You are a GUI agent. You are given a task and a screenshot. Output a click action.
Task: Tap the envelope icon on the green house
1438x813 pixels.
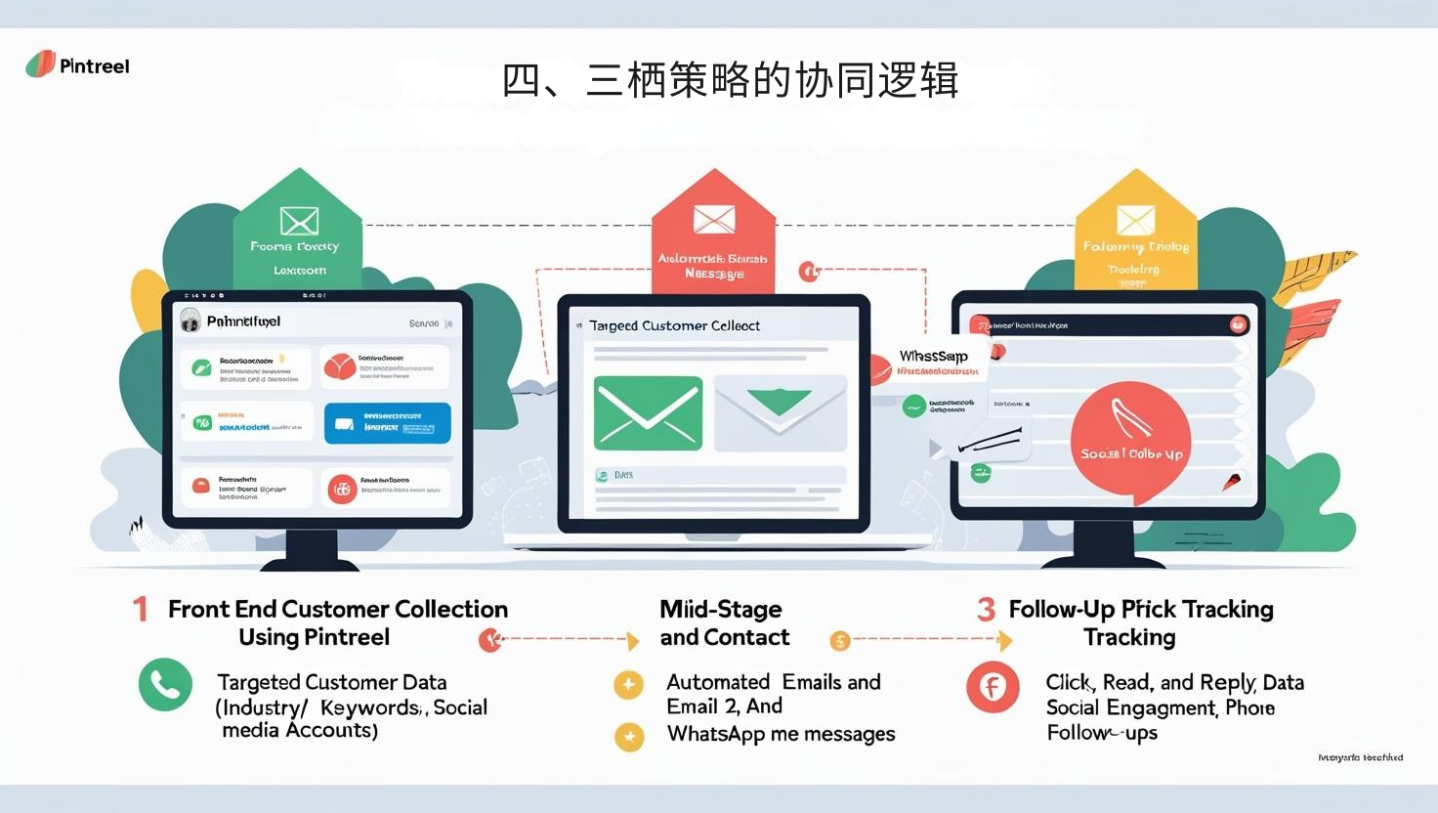coord(299,221)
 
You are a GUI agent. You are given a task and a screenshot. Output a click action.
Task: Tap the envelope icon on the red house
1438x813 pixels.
coord(714,219)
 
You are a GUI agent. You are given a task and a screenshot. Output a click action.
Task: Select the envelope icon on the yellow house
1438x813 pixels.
coord(1135,220)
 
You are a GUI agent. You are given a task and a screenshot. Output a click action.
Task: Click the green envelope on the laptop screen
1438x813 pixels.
coord(648,412)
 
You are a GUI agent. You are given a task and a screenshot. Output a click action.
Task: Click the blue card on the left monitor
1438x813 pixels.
coord(388,423)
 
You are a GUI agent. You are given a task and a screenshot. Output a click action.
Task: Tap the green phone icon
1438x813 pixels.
coord(165,685)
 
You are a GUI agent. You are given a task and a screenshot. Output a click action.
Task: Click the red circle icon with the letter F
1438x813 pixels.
coord(993,687)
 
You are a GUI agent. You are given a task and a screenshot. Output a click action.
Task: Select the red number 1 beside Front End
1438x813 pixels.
coord(141,610)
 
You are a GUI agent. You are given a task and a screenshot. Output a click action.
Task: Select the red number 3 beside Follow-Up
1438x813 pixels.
coord(986,610)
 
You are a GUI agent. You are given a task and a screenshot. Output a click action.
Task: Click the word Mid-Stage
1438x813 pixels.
coord(721,610)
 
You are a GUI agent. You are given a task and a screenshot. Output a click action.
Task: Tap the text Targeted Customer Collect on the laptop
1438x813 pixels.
coord(674,325)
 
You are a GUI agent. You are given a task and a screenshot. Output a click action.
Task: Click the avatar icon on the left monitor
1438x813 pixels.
coord(190,321)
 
